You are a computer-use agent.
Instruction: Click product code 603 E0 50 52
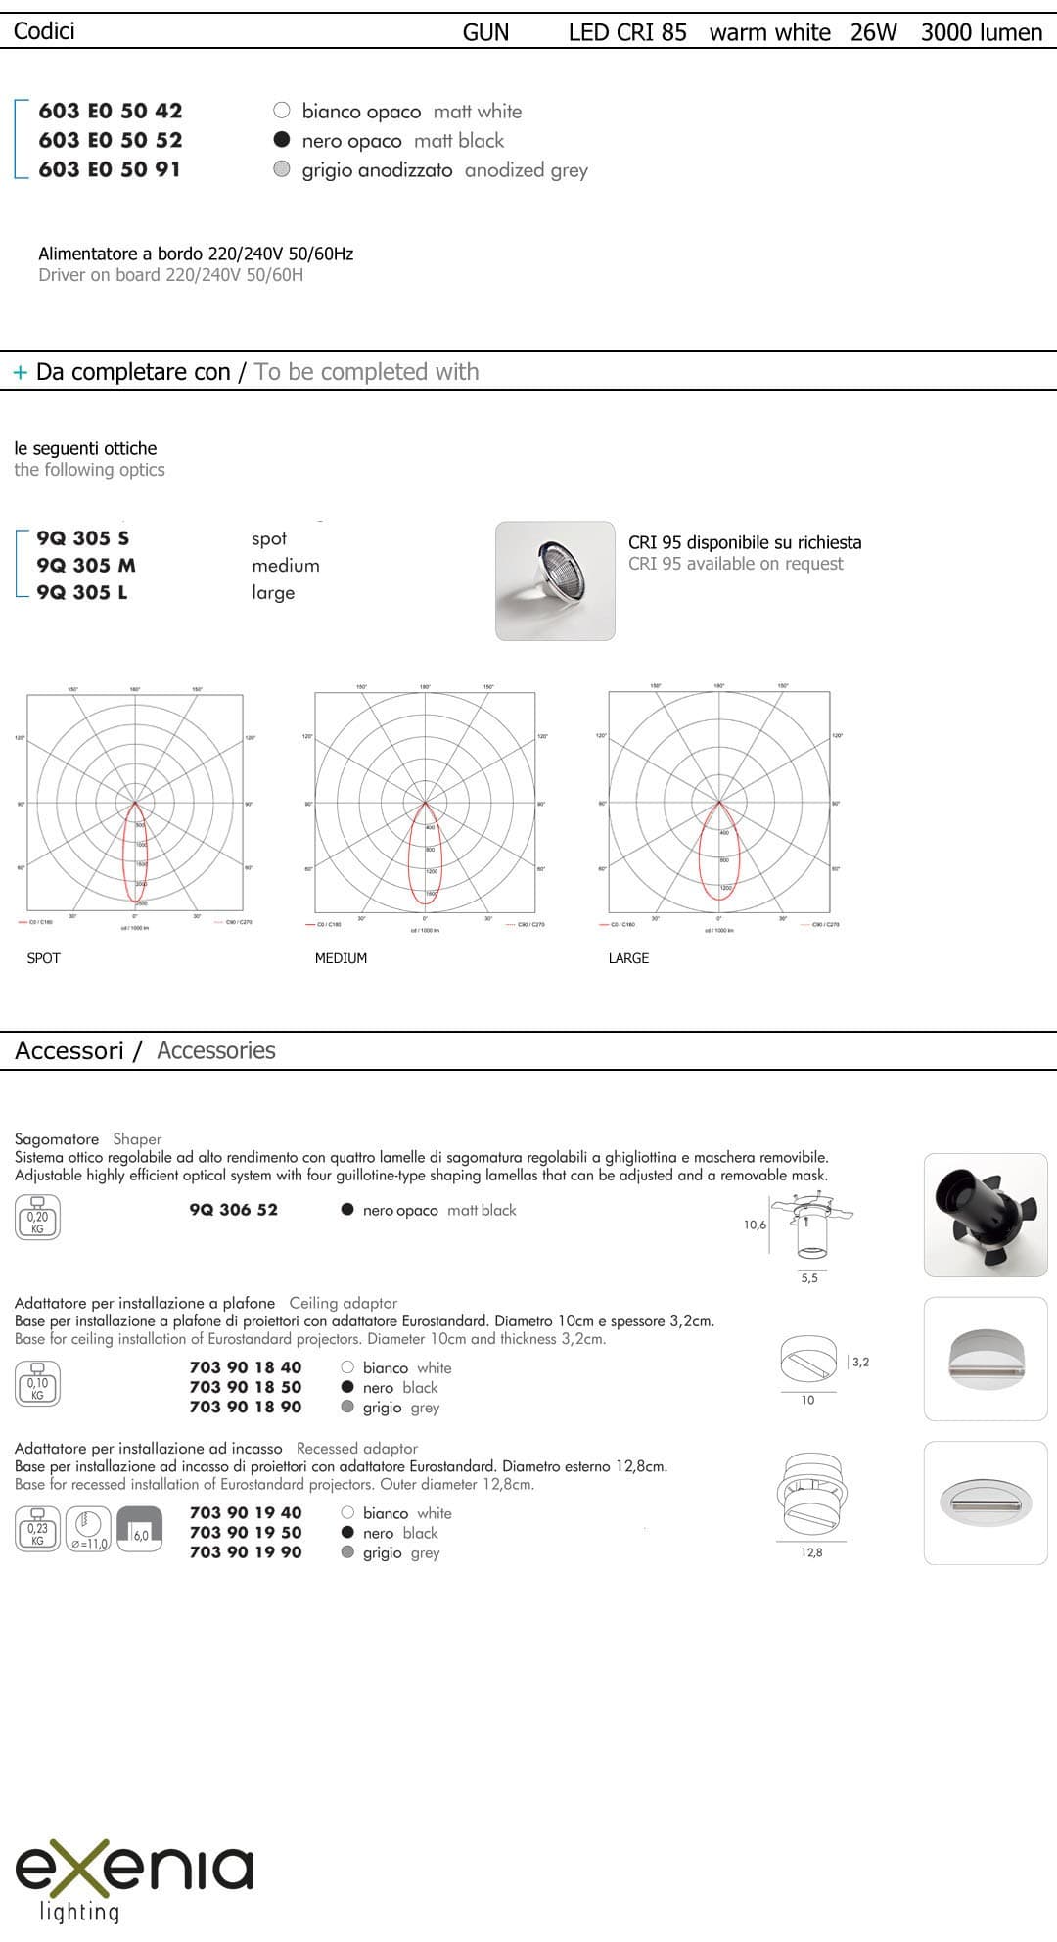[x=111, y=140]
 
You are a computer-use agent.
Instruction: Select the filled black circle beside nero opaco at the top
[x=282, y=139]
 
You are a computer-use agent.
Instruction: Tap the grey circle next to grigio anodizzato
[x=282, y=168]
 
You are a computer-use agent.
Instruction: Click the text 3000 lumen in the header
[x=981, y=32]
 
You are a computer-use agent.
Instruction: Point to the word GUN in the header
[x=485, y=32]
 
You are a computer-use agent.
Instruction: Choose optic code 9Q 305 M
[x=86, y=565]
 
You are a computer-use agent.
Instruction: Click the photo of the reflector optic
[x=555, y=580]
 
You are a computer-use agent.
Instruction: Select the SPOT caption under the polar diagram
[x=44, y=958]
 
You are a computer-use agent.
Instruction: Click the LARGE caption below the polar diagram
[x=628, y=958]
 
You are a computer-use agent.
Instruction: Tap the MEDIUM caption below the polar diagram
[x=341, y=958]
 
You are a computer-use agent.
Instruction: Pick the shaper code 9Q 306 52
[x=234, y=1210]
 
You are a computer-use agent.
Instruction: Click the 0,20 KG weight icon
[x=37, y=1218]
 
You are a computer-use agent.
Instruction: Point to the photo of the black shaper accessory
[x=986, y=1215]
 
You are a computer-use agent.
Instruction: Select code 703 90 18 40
[x=246, y=1367]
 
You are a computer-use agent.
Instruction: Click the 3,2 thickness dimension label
[x=860, y=1362]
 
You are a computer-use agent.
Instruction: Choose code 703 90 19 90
[x=246, y=1552]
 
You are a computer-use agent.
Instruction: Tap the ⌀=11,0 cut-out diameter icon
[x=89, y=1529]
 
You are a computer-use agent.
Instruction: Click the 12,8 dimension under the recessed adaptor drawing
[x=811, y=1553]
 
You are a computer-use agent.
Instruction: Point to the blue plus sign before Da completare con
[x=20, y=373]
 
